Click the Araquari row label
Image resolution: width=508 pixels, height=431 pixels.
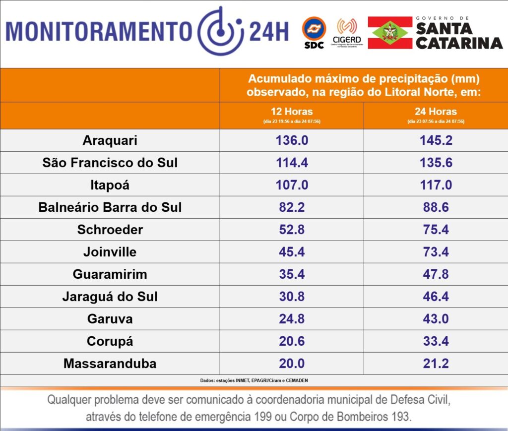coord(110,140)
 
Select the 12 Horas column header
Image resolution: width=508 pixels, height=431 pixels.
coord(292,112)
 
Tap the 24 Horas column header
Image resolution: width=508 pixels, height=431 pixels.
coord(436,112)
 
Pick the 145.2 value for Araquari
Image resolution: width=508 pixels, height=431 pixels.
coord(436,140)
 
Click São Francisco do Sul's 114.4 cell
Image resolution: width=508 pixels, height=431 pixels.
coord(292,163)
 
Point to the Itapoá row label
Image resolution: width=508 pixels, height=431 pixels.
coord(110,185)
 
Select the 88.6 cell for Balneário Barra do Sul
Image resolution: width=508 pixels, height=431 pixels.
coord(436,207)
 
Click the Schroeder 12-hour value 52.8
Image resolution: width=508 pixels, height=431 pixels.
coord(292,230)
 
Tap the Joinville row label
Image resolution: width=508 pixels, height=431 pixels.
coord(110,252)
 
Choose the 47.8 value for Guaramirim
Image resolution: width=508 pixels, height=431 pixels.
coord(436,274)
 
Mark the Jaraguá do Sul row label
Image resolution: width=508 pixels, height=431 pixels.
coord(110,297)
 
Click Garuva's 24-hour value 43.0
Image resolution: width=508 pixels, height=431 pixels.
coord(436,319)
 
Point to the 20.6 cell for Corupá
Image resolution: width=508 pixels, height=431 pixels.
coord(292,341)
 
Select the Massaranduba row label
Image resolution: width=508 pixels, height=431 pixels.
coord(110,364)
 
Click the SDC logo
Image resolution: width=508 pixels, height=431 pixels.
coord(314,32)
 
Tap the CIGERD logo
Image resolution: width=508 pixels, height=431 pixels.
coord(347,32)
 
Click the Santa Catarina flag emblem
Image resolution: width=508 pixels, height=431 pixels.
coord(390,32)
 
